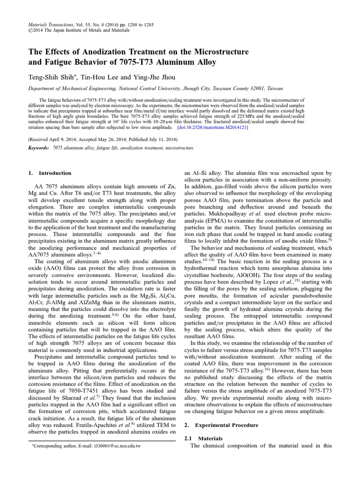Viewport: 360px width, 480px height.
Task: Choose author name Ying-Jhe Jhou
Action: (x=140, y=77)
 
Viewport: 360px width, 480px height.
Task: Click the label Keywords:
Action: (x=39, y=148)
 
